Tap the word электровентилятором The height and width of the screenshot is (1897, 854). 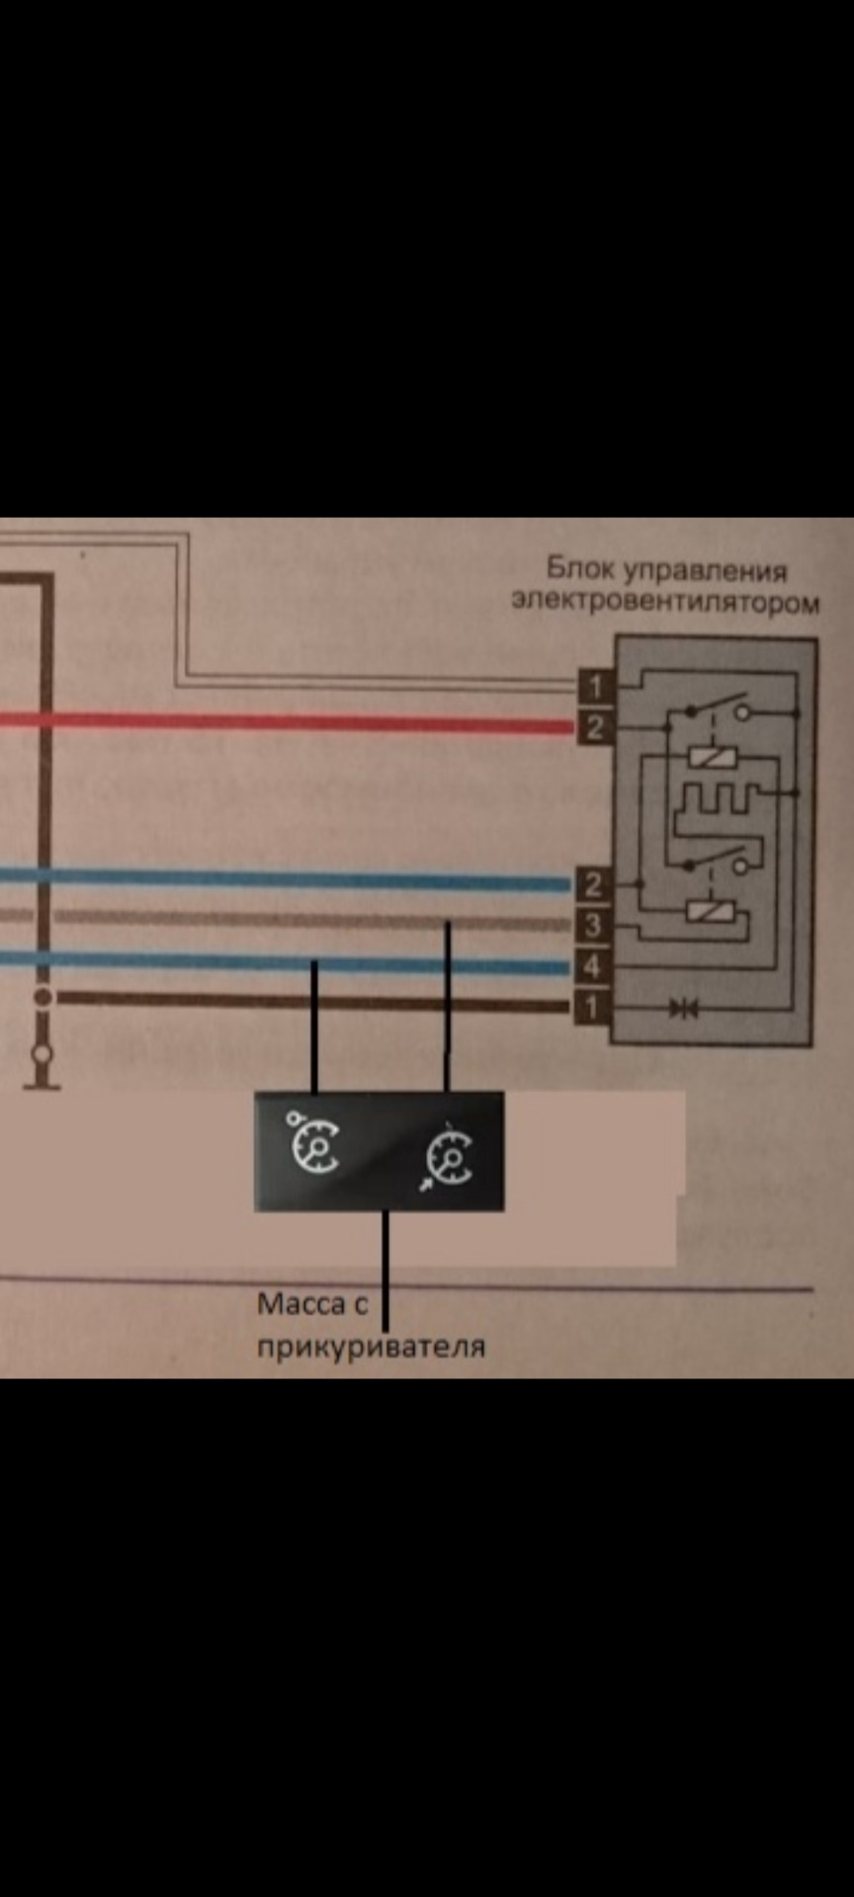(665, 601)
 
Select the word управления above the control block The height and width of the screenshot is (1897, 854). (707, 571)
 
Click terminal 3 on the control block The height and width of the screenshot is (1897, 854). (592, 926)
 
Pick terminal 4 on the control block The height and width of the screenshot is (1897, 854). (592, 965)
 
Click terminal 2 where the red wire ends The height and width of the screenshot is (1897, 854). (594, 728)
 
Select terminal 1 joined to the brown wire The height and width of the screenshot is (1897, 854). (591, 1007)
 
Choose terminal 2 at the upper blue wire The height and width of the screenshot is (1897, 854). (592, 884)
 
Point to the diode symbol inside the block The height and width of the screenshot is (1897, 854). (683, 1008)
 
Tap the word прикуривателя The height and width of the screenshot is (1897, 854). (371, 1347)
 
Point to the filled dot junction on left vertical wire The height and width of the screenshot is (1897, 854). (43, 997)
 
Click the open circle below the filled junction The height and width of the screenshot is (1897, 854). (43, 1053)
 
